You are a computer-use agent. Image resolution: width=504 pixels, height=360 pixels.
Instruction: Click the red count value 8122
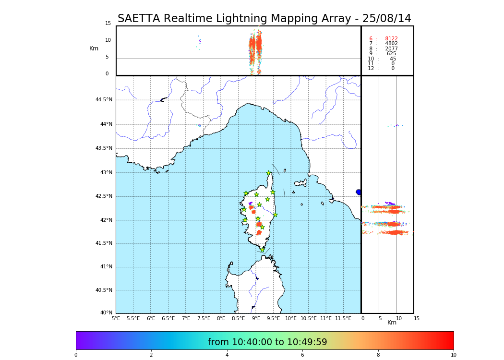pos(391,39)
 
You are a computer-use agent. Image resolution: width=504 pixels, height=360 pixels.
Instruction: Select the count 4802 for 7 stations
pos(391,44)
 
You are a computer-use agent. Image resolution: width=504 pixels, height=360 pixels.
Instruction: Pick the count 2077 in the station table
pos(391,49)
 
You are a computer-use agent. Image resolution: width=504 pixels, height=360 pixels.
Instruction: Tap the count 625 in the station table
pos(391,54)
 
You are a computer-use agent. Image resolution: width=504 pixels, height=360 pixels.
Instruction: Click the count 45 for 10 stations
pos(393,59)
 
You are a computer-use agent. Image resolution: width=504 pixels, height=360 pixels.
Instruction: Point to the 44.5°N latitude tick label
pos(104,100)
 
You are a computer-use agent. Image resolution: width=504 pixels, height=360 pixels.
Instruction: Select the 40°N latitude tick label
pos(106,313)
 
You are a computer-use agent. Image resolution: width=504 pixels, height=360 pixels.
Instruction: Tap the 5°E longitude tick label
pos(116,318)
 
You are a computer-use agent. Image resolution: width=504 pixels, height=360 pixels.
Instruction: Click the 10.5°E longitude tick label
pos(308,318)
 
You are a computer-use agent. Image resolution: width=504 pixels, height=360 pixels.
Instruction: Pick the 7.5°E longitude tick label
pos(204,318)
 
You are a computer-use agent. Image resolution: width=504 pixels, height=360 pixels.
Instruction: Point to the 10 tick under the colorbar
pos(453,355)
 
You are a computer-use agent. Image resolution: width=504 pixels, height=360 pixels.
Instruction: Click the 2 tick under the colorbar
pos(151,355)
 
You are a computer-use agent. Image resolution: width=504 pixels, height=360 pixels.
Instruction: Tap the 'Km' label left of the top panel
pos(94,48)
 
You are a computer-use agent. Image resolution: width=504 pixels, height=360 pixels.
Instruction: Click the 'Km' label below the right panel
pos(392,323)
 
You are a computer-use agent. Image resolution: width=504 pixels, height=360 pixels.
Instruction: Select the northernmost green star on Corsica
pos(269,173)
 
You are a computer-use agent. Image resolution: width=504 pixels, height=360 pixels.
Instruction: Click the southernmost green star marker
pos(262,250)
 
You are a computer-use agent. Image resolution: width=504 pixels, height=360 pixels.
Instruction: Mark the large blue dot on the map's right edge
pos(359,192)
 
